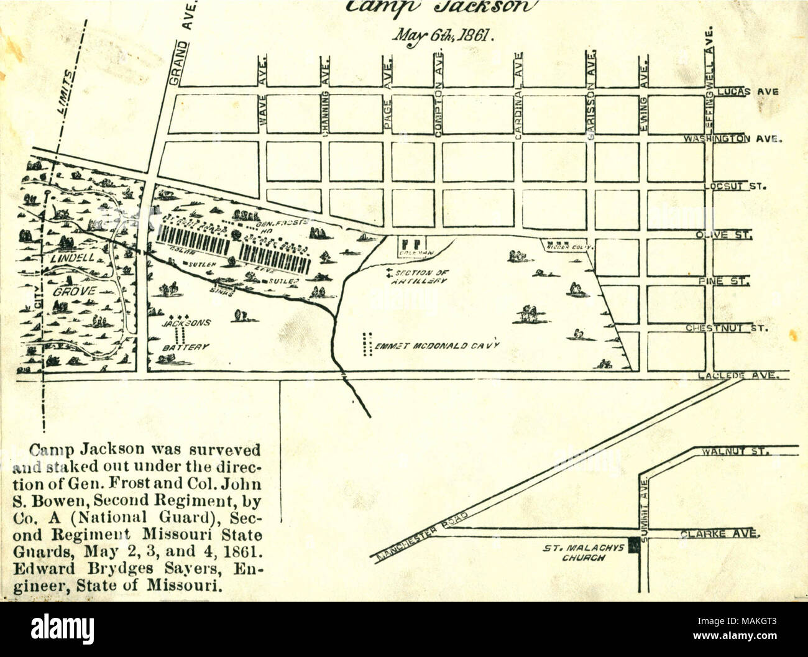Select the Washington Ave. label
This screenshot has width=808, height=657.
731,139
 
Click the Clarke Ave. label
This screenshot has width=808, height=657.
718,533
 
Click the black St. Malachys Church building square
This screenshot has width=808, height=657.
633,545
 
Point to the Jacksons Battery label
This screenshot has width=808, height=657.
178,335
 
